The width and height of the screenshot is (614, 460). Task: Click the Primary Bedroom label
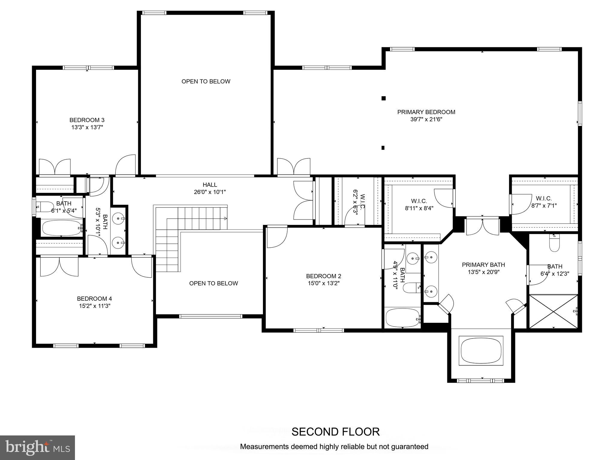[426, 112]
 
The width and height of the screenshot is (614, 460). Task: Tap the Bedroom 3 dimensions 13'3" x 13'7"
[87, 127]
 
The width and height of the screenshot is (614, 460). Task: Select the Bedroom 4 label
[94, 299]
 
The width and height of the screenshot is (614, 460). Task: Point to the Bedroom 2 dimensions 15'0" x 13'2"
[323, 283]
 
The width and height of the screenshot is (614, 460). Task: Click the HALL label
[210, 185]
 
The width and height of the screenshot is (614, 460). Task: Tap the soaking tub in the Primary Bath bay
[481, 351]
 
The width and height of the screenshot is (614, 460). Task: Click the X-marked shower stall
[553, 312]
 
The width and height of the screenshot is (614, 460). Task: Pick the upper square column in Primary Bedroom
[383, 98]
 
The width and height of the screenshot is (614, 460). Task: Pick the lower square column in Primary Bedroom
[383, 148]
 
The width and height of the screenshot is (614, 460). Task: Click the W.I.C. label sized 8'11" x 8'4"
[419, 201]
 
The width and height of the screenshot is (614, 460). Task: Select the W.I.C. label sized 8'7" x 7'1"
[544, 199]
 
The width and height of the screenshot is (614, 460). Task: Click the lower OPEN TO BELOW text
[213, 283]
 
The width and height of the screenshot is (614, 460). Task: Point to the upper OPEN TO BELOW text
[206, 81]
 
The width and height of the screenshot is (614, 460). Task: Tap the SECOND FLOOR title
[335, 432]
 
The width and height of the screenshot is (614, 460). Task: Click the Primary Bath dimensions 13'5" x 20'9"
[483, 272]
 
